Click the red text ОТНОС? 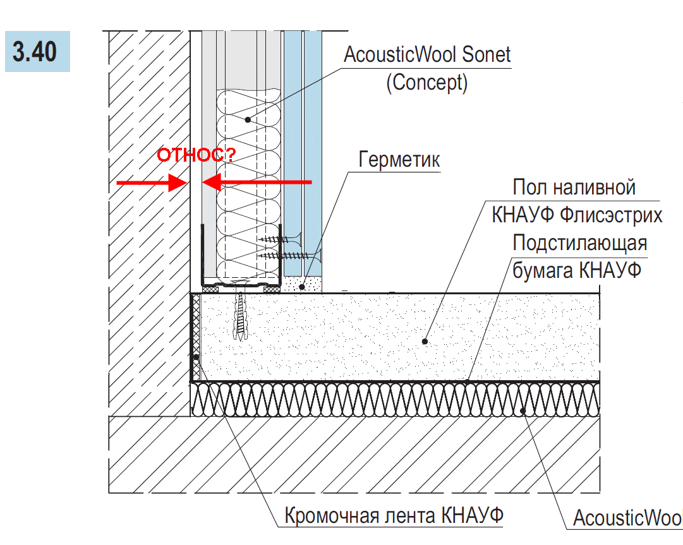click(195, 155)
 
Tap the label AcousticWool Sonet click(427, 55)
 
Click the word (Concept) click(427, 83)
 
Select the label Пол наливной click(574, 188)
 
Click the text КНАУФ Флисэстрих click(577, 215)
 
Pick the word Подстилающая click(580, 243)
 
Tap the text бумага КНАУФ click(577, 270)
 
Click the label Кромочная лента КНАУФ click(394, 515)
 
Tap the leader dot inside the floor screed click(425, 341)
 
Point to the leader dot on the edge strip click(196, 357)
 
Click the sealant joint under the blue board click(302, 286)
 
